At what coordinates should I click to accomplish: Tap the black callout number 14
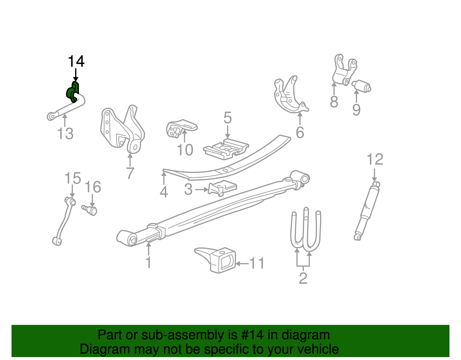click(x=76, y=61)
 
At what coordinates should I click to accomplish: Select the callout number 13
click(x=65, y=134)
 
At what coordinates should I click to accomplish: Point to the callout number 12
click(x=375, y=159)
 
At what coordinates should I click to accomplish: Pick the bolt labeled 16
click(x=90, y=210)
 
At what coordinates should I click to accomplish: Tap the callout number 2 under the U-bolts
click(x=303, y=278)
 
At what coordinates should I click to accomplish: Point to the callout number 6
click(x=300, y=132)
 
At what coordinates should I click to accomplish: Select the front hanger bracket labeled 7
click(x=122, y=130)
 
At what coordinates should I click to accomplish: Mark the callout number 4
click(x=164, y=192)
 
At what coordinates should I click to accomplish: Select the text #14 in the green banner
click(x=251, y=335)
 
